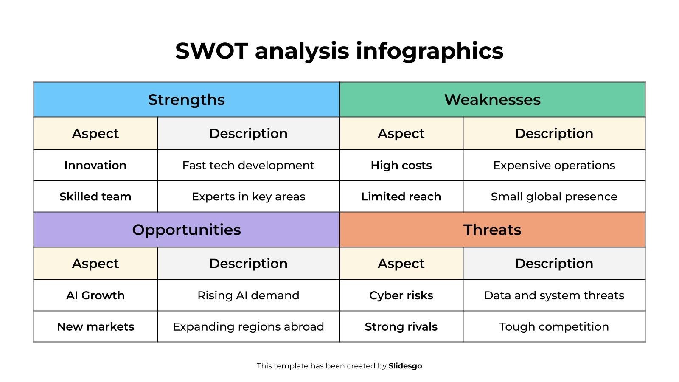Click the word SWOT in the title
pos(211,51)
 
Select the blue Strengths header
pos(186,100)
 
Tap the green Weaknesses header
pos(492,100)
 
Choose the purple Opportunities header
pos(186,230)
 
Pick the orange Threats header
pos(492,230)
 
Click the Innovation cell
pos(95,165)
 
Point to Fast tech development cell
pos(248,165)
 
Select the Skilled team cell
pos(95,197)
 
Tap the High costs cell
pos(401,165)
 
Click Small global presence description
pos(554,197)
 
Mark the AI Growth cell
pos(95,295)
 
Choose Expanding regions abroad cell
pos(248,326)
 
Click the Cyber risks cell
pos(401,295)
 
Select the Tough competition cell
pos(554,326)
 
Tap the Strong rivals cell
pos(401,326)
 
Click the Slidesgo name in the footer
pos(405,366)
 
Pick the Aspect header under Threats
pos(401,263)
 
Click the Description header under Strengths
pos(248,133)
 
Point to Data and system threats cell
pos(554,295)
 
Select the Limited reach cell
pos(401,197)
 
